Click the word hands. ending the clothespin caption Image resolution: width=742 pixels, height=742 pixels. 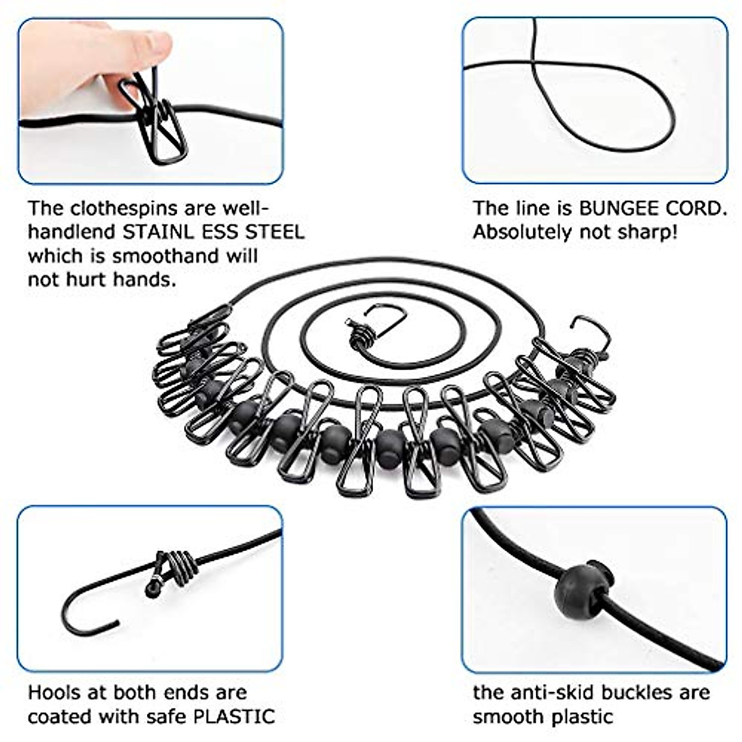pos(145,279)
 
